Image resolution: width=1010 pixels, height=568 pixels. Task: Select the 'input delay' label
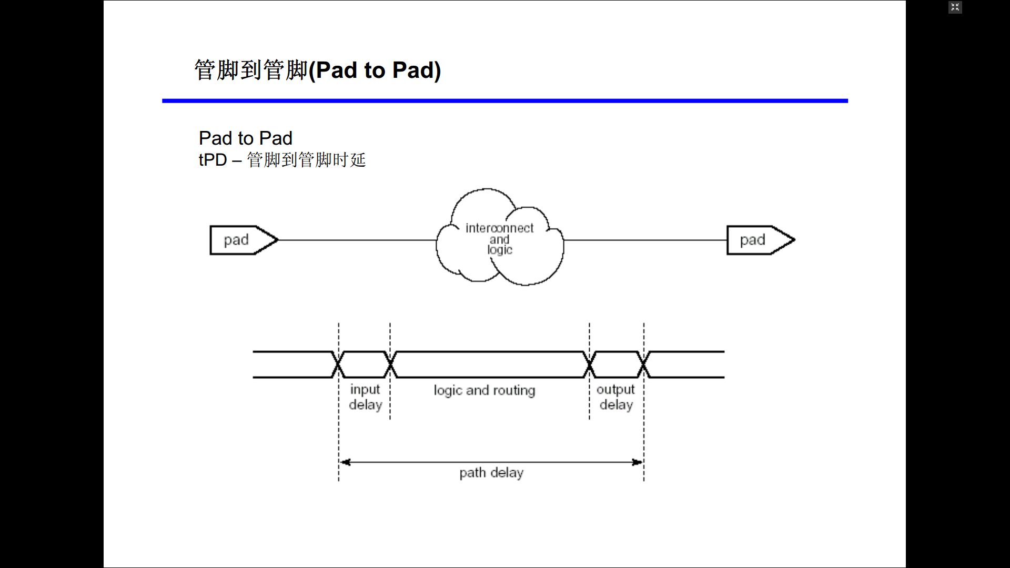pyautogui.click(x=365, y=397)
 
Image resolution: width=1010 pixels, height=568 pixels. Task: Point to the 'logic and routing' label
pyautogui.click(x=484, y=390)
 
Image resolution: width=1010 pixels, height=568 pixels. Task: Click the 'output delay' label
pyautogui.click(x=616, y=397)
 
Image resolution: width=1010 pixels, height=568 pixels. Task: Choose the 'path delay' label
pyautogui.click(x=491, y=473)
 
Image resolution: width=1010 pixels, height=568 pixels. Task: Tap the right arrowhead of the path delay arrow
pyautogui.click(x=637, y=462)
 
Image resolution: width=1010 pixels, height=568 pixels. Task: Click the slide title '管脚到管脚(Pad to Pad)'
pyautogui.click(x=317, y=70)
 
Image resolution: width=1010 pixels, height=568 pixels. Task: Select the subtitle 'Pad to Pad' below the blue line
pyautogui.click(x=245, y=138)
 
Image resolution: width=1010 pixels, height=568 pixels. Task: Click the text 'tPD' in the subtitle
pyautogui.click(x=213, y=160)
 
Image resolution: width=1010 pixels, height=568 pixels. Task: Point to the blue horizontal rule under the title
pyautogui.click(x=505, y=100)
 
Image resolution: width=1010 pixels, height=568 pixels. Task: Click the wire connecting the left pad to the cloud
pyautogui.click(x=358, y=240)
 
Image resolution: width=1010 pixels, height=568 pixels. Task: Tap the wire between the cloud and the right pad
pyautogui.click(x=645, y=240)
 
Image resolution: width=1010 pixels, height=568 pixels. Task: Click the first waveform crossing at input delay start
pyautogui.click(x=338, y=364)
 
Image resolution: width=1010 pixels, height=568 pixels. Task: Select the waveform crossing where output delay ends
pyautogui.click(x=644, y=364)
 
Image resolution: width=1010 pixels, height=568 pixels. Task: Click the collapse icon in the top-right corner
pyautogui.click(x=955, y=7)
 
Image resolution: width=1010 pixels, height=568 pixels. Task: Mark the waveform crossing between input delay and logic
pyautogui.click(x=390, y=364)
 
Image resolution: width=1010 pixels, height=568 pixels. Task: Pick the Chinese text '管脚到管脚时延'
pyautogui.click(x=306, y=160)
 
